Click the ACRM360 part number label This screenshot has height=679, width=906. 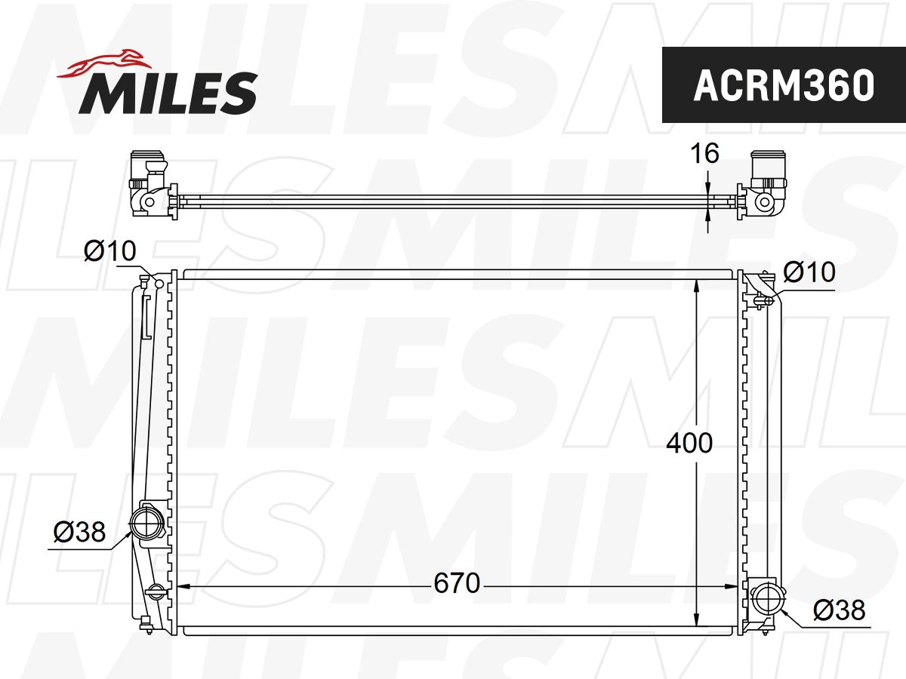pyautogui.click(x=783, y=85)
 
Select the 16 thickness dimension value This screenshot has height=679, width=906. pyautogui.click(x=704, y=154)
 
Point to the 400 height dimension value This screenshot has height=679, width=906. pyautogui.click(x=689, y=443)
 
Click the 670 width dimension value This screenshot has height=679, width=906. pyautogui.click(x=457, y=582)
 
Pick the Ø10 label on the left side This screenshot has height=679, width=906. pyautogui.click(x=109, y=251)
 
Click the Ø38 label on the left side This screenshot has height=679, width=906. pyautogui.click(x=79, y=533)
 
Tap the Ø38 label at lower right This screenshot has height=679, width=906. pyautogui.click(x=839, y=610)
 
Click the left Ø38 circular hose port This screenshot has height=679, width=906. pyautogui.click(x=145, y=523)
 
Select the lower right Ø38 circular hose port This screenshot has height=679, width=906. pyautogui.click(x=767, y=599)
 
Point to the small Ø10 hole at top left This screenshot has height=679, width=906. pyautogui.click(x=159, y=284)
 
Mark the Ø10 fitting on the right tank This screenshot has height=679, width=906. pyautogui.click(x=766, y=300)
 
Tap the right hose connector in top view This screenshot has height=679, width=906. pyautogui.click(x=766, y=183)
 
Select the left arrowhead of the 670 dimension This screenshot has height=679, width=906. pyautogui.click(x=183, y=585)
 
